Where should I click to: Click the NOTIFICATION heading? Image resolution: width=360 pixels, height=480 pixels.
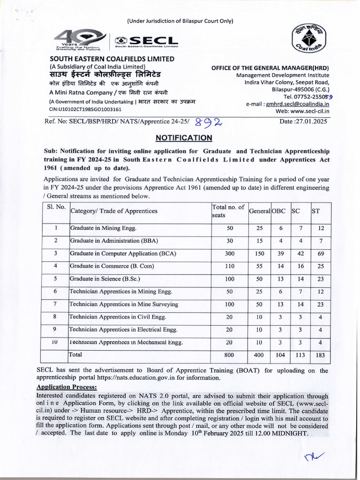click(184, 138)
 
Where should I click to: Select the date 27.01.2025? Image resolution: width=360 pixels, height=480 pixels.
click(305, 121)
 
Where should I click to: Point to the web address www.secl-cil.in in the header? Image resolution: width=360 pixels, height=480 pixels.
click(309, 111)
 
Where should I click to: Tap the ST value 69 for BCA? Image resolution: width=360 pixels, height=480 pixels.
click(321, 254)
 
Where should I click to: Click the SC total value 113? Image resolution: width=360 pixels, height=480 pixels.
click(300, 355)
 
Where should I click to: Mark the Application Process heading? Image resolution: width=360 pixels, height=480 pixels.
click(67, 387)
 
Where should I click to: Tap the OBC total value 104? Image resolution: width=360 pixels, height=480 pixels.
click(280, 355)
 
